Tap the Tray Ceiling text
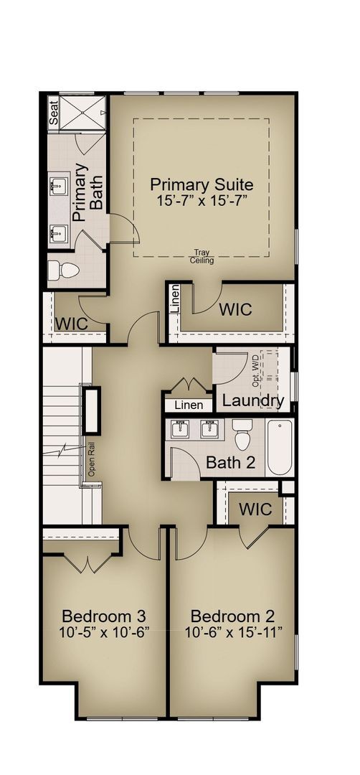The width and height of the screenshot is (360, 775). [202, 256]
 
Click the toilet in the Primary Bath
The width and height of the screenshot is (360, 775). [62, 269]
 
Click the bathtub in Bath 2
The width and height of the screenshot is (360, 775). [279, 448]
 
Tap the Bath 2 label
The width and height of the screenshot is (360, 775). [230, 463]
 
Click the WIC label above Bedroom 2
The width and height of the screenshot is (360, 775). [255, 509]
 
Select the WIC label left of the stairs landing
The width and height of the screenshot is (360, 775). [72, 323]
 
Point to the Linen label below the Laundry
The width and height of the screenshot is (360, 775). [189, 406]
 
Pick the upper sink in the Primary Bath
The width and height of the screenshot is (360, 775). [59, 188]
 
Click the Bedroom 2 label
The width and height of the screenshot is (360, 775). [233, 616]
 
